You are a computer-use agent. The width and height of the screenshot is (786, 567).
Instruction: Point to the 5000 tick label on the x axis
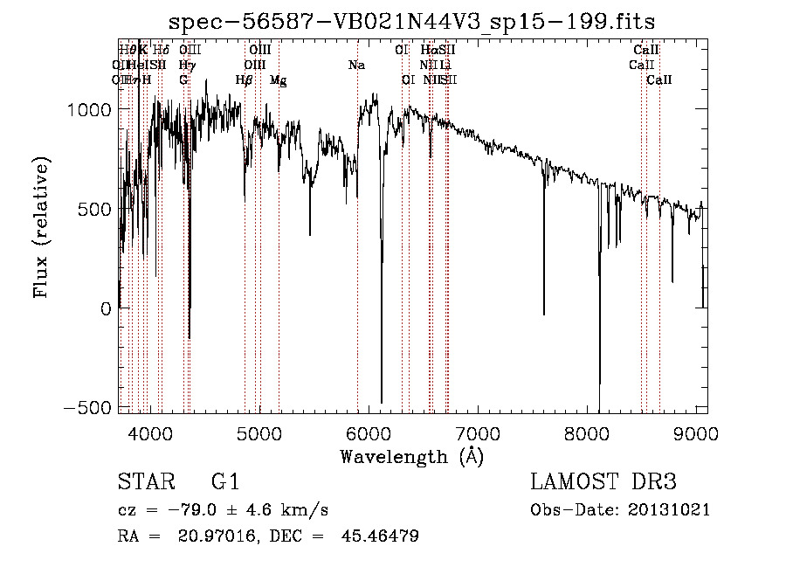click(x=259, y=433)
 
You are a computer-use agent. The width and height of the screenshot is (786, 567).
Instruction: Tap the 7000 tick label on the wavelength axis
click(x=478, y=433)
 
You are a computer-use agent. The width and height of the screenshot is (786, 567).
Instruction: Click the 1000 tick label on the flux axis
click(x=87, y=109)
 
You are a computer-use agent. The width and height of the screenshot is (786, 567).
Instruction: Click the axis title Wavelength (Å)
click(x=411, y=456)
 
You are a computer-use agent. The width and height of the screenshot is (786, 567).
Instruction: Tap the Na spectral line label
click(x=356, y=65)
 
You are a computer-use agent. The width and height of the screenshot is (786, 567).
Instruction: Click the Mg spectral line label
click(x=278, y=80)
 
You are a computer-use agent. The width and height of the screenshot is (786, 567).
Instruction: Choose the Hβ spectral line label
click(x=245, y=80)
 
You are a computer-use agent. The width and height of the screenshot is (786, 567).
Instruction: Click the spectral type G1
click(x=225, y=482)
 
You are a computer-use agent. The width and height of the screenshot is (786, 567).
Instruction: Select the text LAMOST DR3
click(x=603, y=482)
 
